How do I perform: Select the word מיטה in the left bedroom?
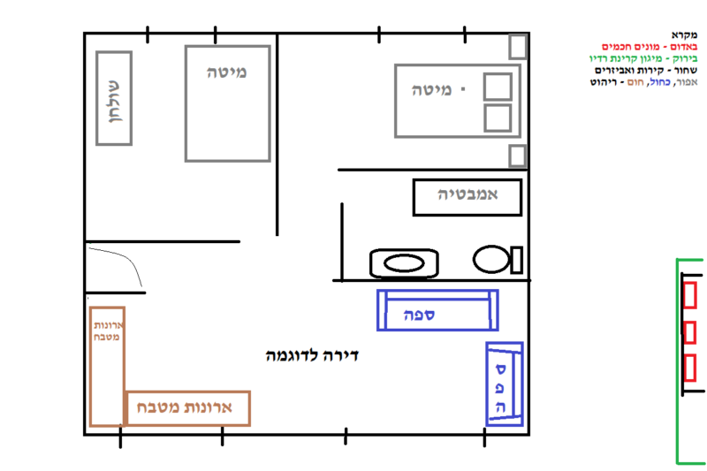point(227,72)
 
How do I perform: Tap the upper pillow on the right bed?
point(498,87)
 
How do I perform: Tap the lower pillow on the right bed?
point(498,118)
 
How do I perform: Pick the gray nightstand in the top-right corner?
point(518,46)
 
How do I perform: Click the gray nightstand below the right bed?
point(518,156)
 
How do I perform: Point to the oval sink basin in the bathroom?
point(404,263)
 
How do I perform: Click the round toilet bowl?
point(491,259)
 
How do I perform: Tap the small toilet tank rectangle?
point(517,260)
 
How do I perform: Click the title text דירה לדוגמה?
point(312,355)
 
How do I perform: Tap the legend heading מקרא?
point(684,35)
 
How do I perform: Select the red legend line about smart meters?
point(650,47)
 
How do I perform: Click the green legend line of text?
point(643,58)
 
